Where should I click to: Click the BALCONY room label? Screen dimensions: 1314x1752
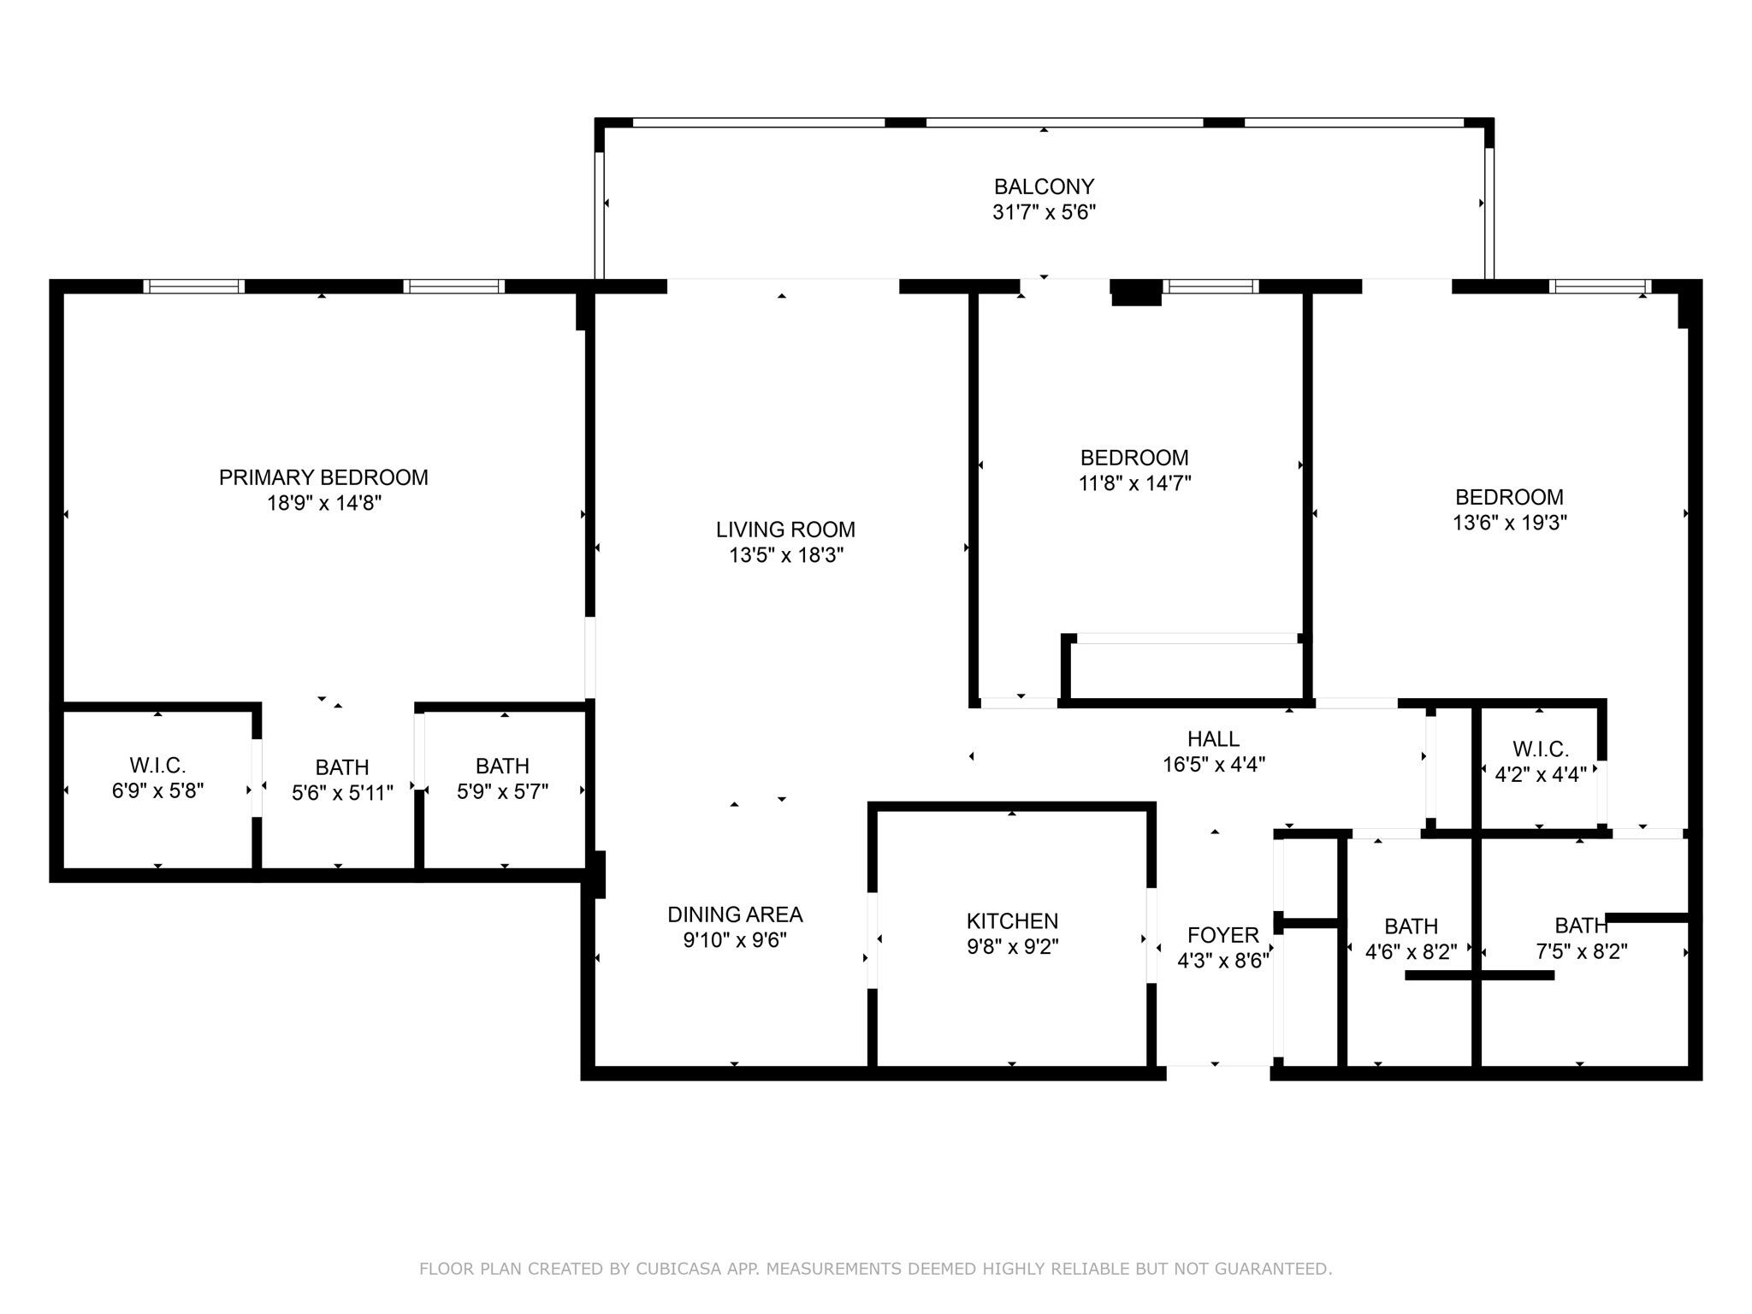click(1044, 186)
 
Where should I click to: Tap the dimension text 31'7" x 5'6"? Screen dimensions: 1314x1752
click(1044, 212)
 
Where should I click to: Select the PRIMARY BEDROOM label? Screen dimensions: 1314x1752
click(323, 477)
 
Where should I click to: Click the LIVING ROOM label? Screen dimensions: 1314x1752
click(785, 530)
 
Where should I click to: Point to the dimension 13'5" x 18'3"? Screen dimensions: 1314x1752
click(785, 555)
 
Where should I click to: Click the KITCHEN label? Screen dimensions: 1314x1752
click(1012, 921)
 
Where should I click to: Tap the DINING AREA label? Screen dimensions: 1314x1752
click(735, 914)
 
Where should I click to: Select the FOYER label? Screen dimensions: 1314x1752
click(1222, 935)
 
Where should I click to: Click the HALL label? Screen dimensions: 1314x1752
click(1213, 738)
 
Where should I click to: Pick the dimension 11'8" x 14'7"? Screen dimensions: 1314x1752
click(1134, 483)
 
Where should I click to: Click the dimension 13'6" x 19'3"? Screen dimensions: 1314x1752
click(1509, 523)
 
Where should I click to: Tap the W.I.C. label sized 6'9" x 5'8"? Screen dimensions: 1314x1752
click(157, 765)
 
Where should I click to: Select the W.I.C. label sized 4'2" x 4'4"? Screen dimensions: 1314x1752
click(1540, 749)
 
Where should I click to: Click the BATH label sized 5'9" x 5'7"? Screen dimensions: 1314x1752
click(502, 766)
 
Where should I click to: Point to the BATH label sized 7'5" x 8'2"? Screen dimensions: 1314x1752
click(1581, 926)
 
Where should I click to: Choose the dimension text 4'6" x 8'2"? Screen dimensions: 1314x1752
click(1411, 952)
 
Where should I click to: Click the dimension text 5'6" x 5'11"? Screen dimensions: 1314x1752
click(342, 793)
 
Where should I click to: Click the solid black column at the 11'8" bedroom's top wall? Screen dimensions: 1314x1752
click(1136, 293)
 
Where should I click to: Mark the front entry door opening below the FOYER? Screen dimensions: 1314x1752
click(1217, 1066)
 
